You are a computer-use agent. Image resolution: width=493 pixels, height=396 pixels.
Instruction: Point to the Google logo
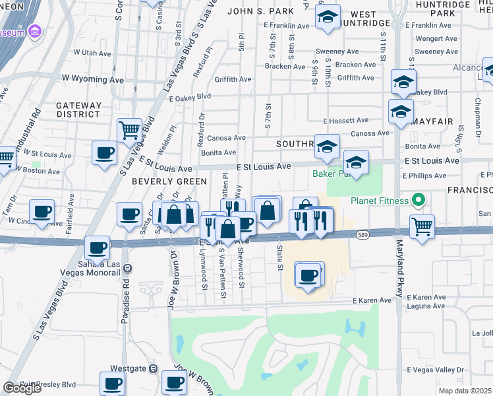(22, 388)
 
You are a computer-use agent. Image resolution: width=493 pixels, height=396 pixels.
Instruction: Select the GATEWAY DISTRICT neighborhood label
(78, 110)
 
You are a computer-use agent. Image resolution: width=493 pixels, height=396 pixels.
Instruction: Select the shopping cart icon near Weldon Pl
(129, 129)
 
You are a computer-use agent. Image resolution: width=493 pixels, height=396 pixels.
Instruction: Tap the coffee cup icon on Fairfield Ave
(42, 212)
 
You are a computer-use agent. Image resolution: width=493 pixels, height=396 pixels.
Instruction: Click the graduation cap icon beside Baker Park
(356, 162)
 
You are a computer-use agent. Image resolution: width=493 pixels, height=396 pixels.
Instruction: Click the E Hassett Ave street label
(346, 121)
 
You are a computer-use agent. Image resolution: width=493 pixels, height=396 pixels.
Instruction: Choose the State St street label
(279, 259)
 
